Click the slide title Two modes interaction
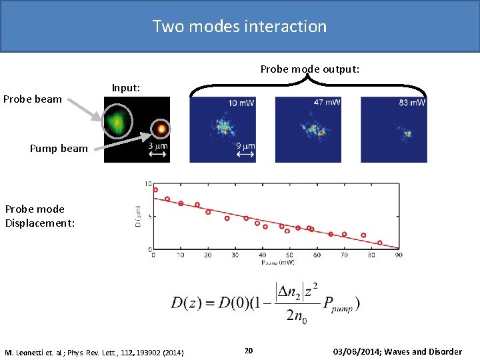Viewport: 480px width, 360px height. point(239,27)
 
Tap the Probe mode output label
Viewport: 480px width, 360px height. point(309,69)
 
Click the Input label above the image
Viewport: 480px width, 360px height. point(126,87)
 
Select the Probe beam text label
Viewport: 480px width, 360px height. point(33,99)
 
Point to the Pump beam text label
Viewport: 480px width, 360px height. point(59,148)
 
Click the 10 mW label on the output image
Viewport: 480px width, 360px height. point(241,103)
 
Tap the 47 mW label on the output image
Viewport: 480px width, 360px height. point(327,102)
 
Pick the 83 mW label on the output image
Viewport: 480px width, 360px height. point(412,102)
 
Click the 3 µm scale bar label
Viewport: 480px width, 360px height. point(158,146)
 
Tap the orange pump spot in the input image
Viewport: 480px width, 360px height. point(160,128)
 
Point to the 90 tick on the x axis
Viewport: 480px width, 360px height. point(398,255)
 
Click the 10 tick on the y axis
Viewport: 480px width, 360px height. point(148,183)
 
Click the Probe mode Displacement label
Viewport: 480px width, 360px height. point(40,216)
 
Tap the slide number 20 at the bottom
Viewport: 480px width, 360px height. point(248,351)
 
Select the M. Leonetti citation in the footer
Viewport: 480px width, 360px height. point(94,352)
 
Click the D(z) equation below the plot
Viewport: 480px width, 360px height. point(265,303)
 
